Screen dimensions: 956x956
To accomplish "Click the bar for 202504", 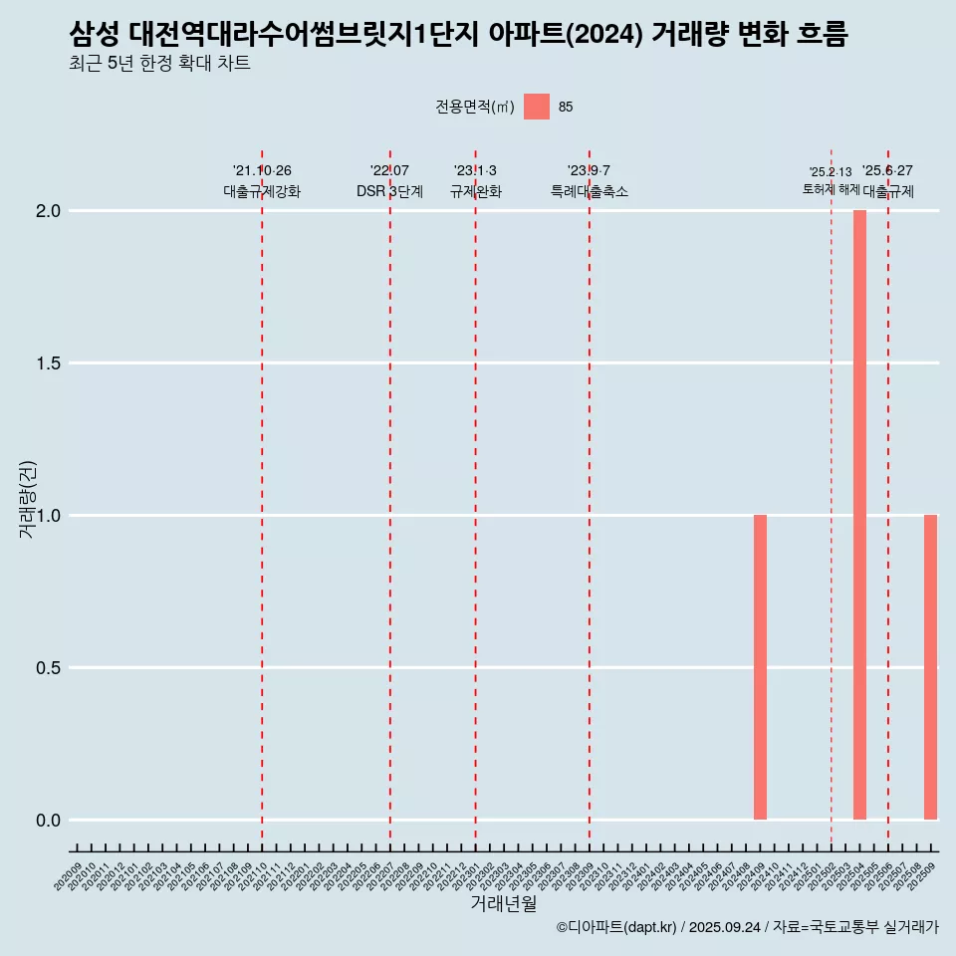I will pos(859,515).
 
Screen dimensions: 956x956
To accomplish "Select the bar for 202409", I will pos(760,667).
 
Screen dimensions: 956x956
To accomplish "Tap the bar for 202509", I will pos(930,667).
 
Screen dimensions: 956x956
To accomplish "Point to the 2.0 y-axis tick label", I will pos(50,211).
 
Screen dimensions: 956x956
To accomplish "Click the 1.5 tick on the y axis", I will pos(50,363).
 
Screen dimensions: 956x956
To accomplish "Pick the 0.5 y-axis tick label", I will pos(50,668).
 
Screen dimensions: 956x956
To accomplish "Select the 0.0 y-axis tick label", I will pos(50,821).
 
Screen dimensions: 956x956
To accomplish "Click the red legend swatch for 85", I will pos(537,107).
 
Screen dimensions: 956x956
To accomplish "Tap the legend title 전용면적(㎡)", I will pos(475,107).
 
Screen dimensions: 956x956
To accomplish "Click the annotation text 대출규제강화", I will pos(262,191).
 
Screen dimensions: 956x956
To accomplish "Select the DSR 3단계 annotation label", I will pos(389,191).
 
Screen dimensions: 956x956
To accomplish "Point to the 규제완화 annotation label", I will pos(475,191).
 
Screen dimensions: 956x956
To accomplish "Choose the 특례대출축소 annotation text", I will pos(590,191).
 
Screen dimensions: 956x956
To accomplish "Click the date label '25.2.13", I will pos(831,172).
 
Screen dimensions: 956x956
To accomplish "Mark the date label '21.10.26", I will pos(262,171).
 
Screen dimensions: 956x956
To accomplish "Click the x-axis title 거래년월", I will pos(503,904).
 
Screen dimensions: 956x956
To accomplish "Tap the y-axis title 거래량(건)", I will pos(28,499).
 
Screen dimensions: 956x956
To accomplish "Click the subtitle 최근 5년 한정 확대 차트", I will pos(159,64).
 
